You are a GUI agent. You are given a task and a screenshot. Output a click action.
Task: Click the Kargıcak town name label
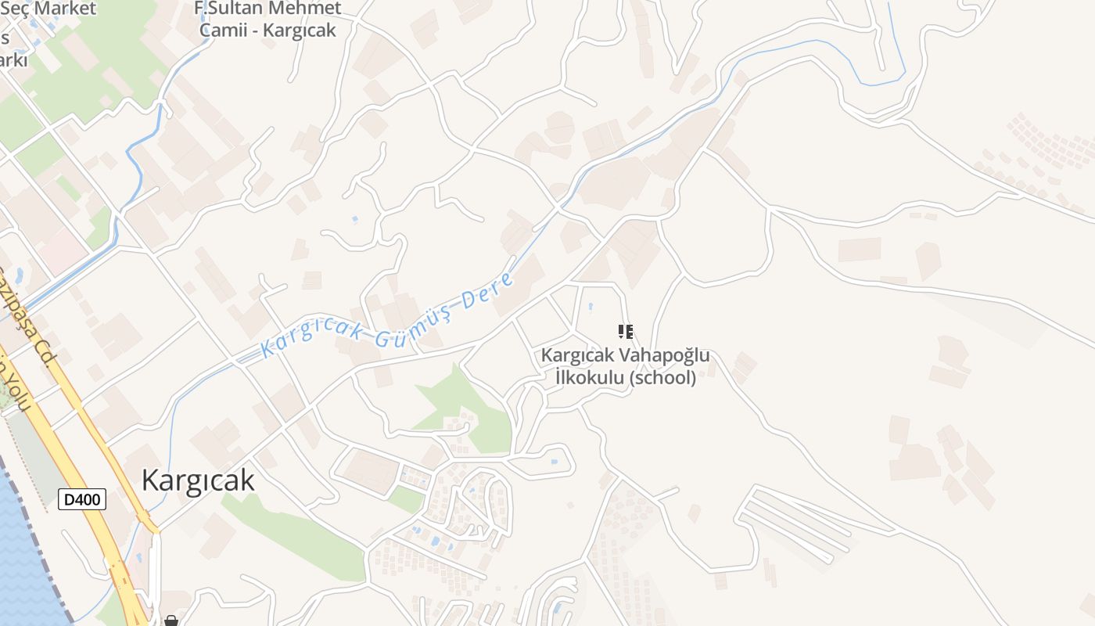198,480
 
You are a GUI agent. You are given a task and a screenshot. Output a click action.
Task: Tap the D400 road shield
82,499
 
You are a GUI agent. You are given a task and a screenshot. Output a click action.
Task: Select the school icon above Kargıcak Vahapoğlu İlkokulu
625,332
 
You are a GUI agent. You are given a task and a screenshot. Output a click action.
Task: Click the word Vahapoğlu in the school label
665,355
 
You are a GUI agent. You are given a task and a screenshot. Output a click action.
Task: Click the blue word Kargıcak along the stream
311,338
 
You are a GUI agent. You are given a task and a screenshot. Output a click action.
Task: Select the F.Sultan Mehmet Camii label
267,19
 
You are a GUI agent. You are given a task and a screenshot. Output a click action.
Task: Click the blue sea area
20,563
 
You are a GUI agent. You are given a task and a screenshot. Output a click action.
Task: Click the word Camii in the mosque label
227,31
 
